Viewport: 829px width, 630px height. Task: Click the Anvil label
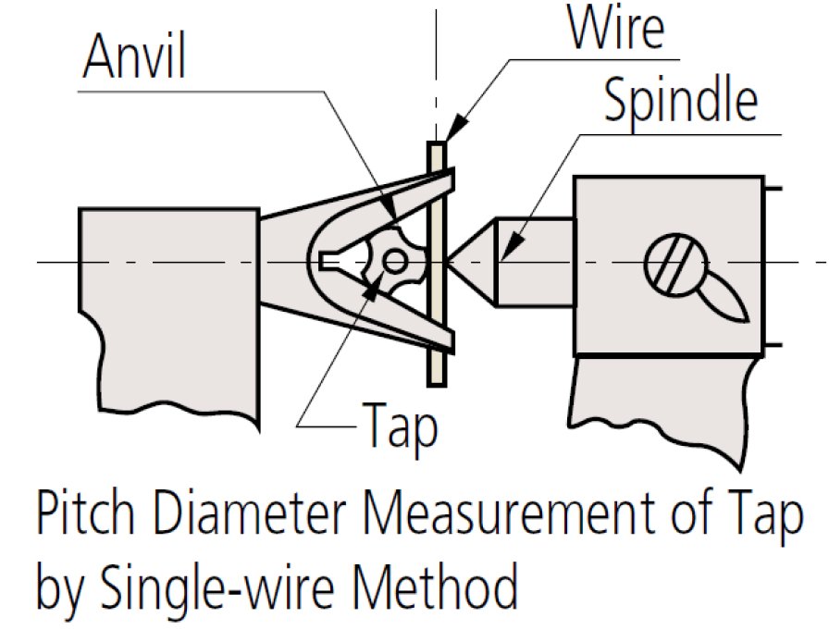point(134,59)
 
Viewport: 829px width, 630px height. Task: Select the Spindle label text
point(680,103)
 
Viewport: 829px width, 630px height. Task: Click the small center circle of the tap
point(394,262)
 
